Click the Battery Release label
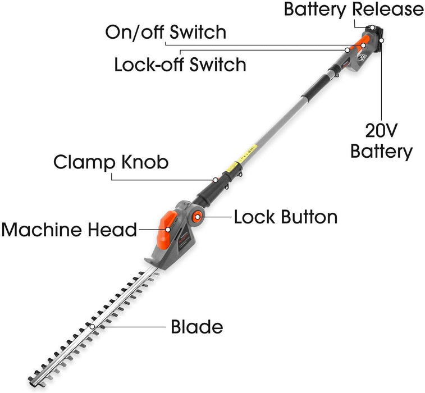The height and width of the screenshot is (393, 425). pyautogui.click(x=354, y=10)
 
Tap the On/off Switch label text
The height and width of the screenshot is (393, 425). pyautogui.click(x=166, y=32)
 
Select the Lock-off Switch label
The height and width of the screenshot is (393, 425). pyautogui.click(x=180, y=64)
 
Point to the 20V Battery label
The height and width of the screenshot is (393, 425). pyautogui.click(x=381, y=141)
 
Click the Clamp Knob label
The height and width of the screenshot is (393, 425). pyautogui.click(x=111, y=163)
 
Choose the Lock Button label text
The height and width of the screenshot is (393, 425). pyautogui.click(x=286, y=217)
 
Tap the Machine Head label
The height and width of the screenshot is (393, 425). pyautogui.click(x=69, y=229)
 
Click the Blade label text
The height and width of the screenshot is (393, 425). pyautogui.click(x=196, y=327)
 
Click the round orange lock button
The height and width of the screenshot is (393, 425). pyautogui.click(x=198, y=217)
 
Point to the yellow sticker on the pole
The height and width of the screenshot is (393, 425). pyautogui.click(x=230, y=167)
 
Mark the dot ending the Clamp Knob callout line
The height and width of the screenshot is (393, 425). pyautogui.click(x=215, y=180)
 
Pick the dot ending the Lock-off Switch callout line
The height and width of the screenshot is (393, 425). pyautogui.click(x=348, y=51)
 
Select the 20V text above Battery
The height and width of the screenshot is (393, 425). pyautogui.click(x=381, y=131)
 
